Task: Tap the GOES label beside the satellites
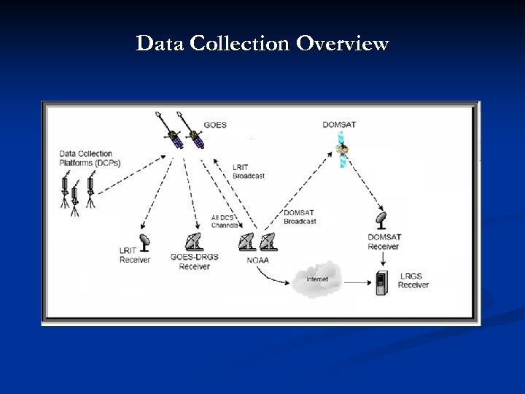click(x=215, y=125)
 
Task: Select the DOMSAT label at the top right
click(x=340, y=125)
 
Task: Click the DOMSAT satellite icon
click(x=342, y=152)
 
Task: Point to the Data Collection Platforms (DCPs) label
click(x=86, y=158)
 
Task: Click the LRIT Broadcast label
click(x=248, y=172)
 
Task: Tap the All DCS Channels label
click(x=224, y=222)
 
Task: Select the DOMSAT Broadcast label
click(x=299, y=217)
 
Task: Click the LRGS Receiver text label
click(x=413, y=280)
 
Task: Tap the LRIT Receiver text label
click(x=134, y=255)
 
